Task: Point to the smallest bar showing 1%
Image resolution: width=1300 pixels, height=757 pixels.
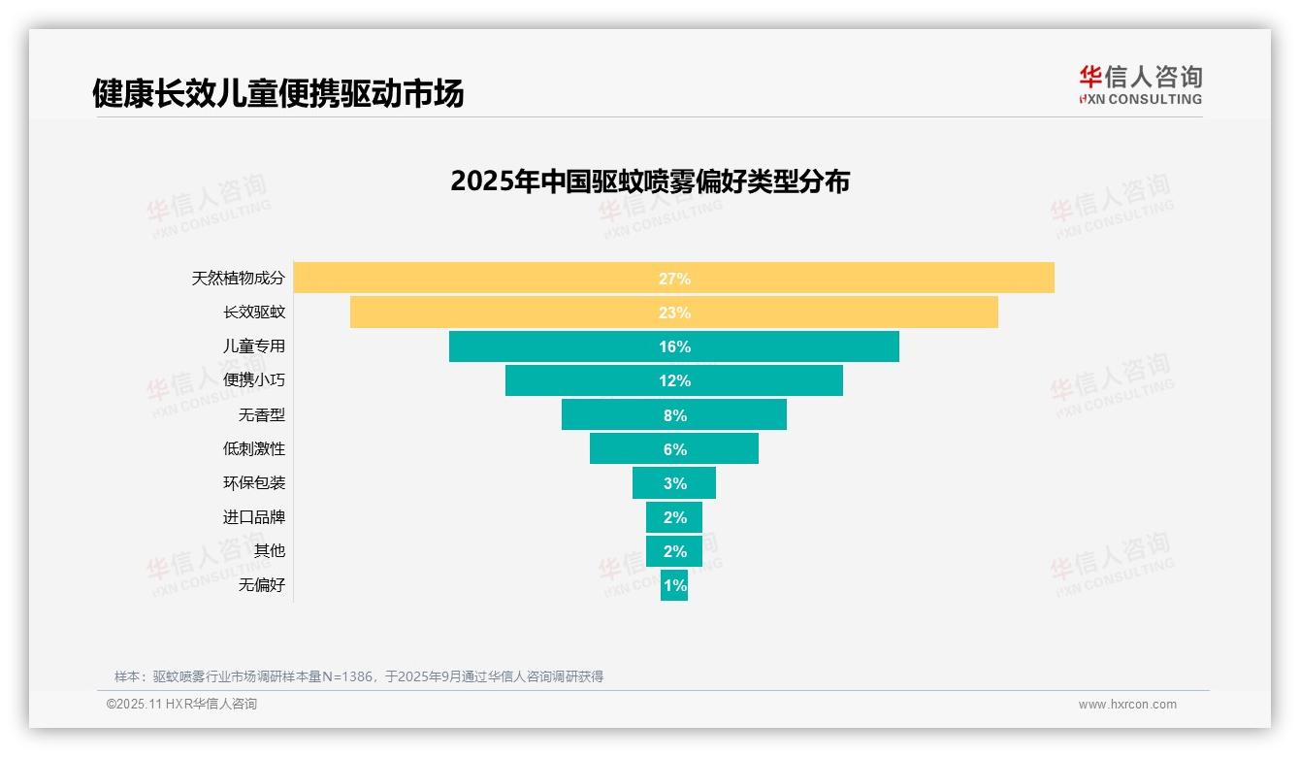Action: [674, 585]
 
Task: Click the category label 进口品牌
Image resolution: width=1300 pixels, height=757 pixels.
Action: [254, 517]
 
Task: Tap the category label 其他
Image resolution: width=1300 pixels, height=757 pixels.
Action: [270, 551]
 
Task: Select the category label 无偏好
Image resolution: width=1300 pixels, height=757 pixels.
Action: [262, 585]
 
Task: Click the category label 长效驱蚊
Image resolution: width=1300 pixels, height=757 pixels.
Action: [254, 313]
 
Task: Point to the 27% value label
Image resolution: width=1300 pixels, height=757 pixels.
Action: [674, 279]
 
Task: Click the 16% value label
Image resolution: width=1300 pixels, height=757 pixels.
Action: [674, 346]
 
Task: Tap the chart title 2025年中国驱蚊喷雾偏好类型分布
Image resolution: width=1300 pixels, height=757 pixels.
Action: [650, 181]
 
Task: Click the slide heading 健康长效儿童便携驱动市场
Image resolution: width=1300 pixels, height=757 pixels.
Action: [278, 93]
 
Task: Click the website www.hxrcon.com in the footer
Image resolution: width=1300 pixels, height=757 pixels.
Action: [1127, 705]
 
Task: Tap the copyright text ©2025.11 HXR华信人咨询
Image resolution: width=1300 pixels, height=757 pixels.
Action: [181, 705]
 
